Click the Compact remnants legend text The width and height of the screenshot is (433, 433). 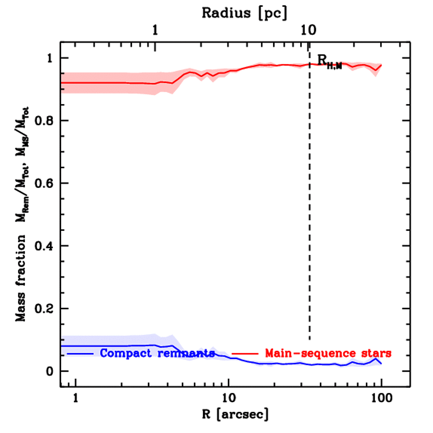tap(157, 353)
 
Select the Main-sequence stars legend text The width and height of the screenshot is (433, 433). tap(328, 353)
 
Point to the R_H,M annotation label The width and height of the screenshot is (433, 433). tap(329, 62)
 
